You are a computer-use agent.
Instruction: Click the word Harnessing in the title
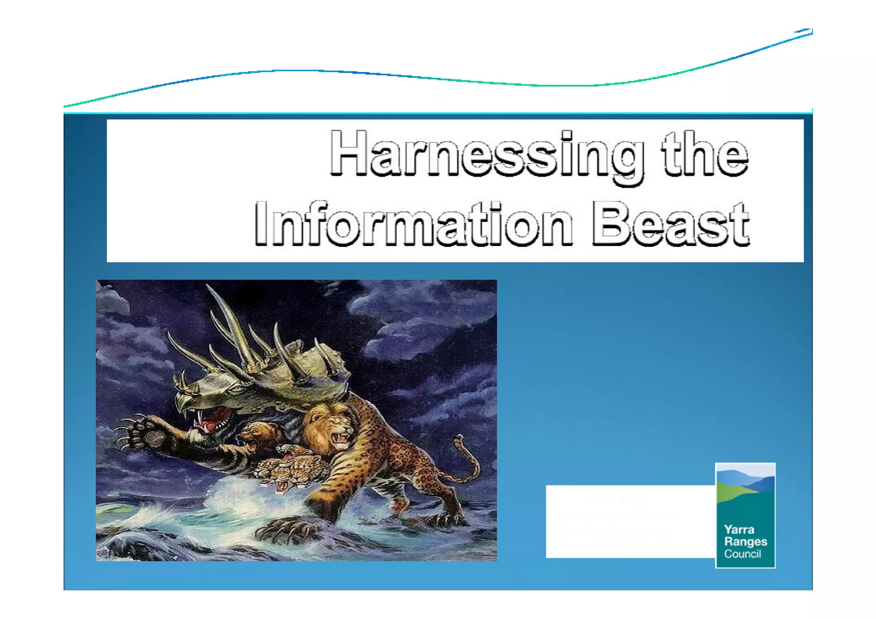coord(485,154)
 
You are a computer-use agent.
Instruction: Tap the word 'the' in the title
coord(705,154)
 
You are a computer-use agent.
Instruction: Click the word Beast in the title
coord(670,225)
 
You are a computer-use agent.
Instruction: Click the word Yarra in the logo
coord(739,530)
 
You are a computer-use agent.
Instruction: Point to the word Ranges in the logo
coord(745,542)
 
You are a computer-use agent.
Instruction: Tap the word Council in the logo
coord(742,554)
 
